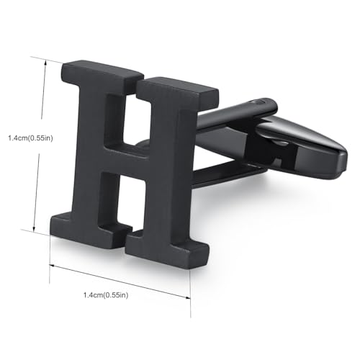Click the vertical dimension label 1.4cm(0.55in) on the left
(30, 138)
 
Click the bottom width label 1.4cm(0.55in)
(106, 295)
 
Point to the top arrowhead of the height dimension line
(45, 63)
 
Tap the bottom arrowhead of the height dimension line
(34, 228)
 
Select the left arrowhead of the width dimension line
(52, 266)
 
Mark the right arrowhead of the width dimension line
(188, 297)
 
